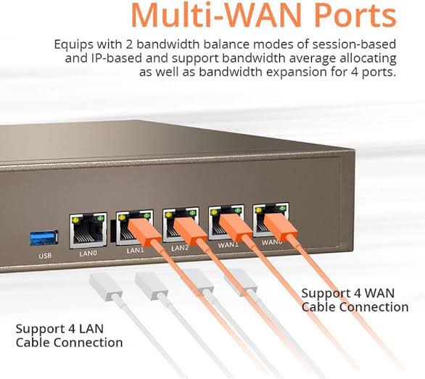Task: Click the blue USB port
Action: point(44,238)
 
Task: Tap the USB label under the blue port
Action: point(45,256)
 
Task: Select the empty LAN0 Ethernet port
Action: point(88,230)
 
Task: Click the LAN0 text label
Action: point(88,254)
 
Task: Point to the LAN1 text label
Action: point(135,250)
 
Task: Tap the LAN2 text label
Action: point(180,248)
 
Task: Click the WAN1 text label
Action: point(228,245)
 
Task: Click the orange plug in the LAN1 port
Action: point(144,233)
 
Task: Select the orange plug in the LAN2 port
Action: point(190,230)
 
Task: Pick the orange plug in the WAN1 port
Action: point(236,228)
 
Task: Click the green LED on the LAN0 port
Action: point(101,217)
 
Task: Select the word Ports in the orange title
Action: point(355,15)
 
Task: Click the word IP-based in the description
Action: point(115,58)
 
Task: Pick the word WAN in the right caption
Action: point(379,293)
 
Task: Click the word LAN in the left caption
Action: point(91,329)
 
